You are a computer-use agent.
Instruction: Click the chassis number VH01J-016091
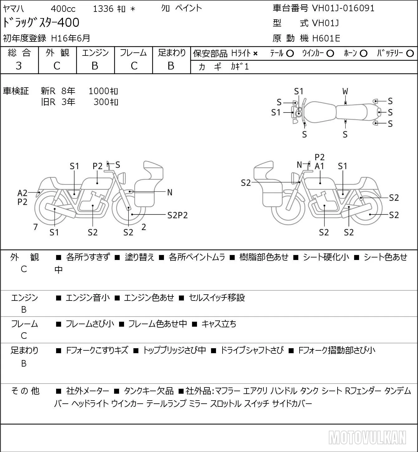343,8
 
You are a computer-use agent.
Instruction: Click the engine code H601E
326,38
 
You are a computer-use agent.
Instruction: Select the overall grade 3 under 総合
19,66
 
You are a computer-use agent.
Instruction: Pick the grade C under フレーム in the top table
134,66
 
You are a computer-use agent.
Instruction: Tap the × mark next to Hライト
255,54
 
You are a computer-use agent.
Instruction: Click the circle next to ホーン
363,54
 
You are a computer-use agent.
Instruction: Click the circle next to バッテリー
410,54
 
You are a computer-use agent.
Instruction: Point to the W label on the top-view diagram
345,91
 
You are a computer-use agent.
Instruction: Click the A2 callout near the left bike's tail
22,193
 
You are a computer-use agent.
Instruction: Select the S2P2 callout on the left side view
178,215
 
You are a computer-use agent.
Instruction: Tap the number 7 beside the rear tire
35,227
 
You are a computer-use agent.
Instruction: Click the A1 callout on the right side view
320,166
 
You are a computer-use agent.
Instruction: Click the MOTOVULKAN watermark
367,437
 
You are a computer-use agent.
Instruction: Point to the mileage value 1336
103,9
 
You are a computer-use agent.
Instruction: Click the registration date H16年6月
70,38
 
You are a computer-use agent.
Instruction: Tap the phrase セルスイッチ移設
217,298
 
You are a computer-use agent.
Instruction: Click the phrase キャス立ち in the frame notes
219,324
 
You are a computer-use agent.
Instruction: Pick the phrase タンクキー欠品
149,391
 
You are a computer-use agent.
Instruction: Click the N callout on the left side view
170,193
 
